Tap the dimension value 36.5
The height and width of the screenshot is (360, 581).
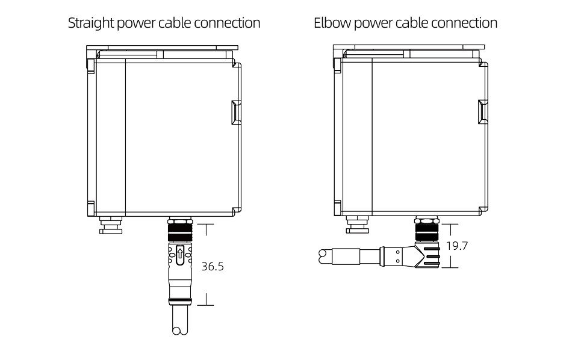[213, 265]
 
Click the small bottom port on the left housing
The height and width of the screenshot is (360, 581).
[110, 226]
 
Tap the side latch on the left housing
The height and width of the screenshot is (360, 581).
[235, 113]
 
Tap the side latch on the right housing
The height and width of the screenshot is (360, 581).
[482, 113]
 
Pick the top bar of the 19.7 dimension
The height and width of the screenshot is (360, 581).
[446, 225]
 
